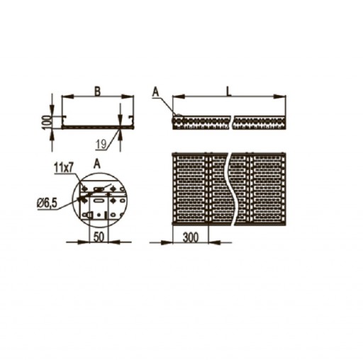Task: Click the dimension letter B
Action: click(97, 91)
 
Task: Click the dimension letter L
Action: click(228, 91)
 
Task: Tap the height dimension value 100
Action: click(47, 122)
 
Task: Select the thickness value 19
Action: click(101, 144)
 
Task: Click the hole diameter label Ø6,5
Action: click(48, 203)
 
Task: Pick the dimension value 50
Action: click(99, 237)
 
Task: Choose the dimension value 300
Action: click(191, 237)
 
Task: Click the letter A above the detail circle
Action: click(97, 164)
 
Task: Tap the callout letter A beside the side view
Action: click(155, 92)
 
